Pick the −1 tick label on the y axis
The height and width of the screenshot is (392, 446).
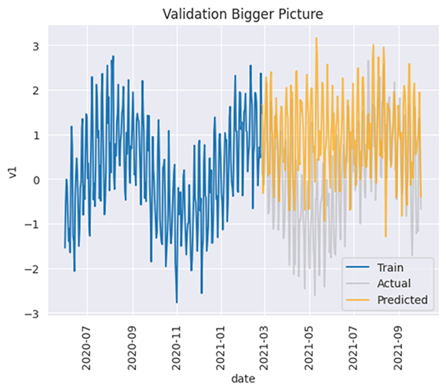click(31, 225)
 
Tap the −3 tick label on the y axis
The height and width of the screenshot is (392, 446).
click(31, 314)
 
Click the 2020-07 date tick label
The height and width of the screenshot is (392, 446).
click(87, 345)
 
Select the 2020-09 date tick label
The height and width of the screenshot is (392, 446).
click(132, 345)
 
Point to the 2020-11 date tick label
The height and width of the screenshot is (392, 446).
click(177, 345)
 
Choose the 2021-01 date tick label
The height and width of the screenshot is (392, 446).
click(221, 345)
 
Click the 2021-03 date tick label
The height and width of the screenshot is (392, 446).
click(264, 345)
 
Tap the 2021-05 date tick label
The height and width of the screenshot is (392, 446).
click(309, 345)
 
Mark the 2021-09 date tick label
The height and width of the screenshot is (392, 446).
click(398, 345)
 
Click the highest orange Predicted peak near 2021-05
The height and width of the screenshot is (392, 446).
click(316, 38)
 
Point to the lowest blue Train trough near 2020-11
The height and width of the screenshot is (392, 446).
click(177, 302)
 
